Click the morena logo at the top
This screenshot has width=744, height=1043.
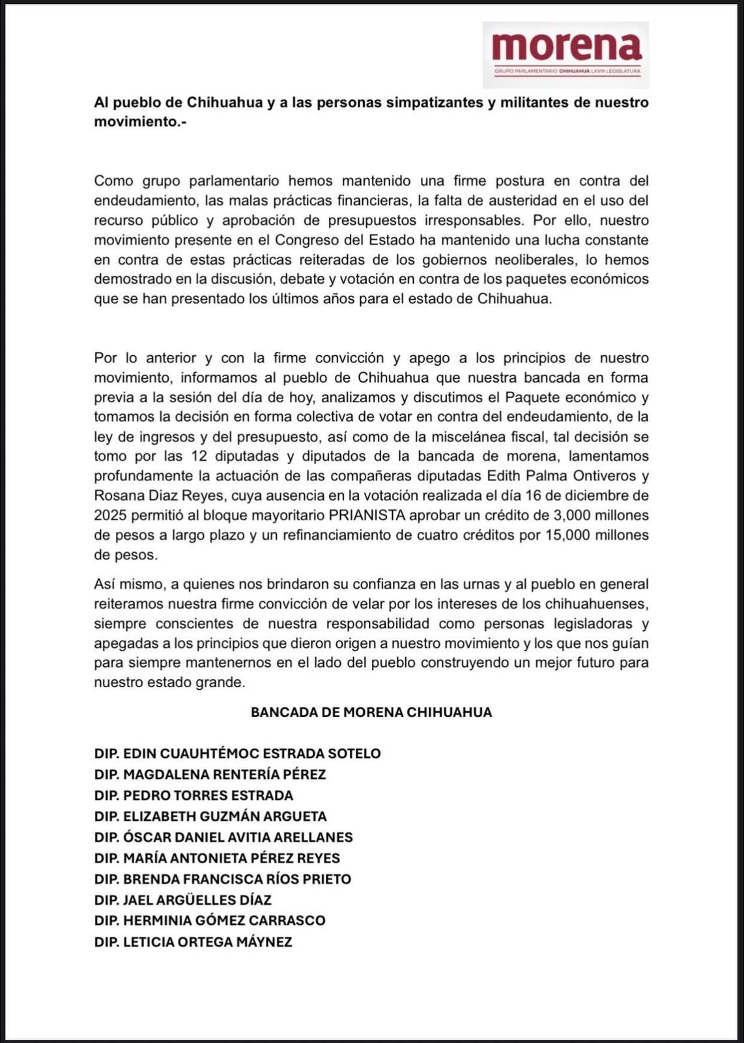pyautogui.click(x=565, y=54)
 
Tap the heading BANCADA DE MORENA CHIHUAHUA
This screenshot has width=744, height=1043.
pyautogui.click(x=371, y=712)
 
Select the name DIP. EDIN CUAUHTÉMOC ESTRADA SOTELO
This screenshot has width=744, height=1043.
pyautogui.click(x=237, y=754)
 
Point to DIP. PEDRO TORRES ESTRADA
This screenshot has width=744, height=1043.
pyautogui.click(x=193, y=795)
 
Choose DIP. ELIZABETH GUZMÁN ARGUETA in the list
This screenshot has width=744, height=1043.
pyautogui.click(x=210, y=816)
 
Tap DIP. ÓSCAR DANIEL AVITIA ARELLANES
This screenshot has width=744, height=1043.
pyautogui.click(x=223, y=837)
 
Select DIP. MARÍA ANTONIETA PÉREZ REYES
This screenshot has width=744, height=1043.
pyautogui.click(x=217, y=858)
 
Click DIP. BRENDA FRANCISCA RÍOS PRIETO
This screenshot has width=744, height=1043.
pyautogui.click(x=223, y=879)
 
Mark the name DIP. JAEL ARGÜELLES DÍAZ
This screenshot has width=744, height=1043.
pyautogui.click(x=182, y=900)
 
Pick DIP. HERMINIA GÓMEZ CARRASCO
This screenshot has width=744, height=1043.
pyautogui.click(x=210, y=920)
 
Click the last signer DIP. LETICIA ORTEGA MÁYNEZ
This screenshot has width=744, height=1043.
pyautogui.click(x=193, y=942)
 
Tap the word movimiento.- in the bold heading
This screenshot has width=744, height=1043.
pyautogui.click(x=140, y=122)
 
